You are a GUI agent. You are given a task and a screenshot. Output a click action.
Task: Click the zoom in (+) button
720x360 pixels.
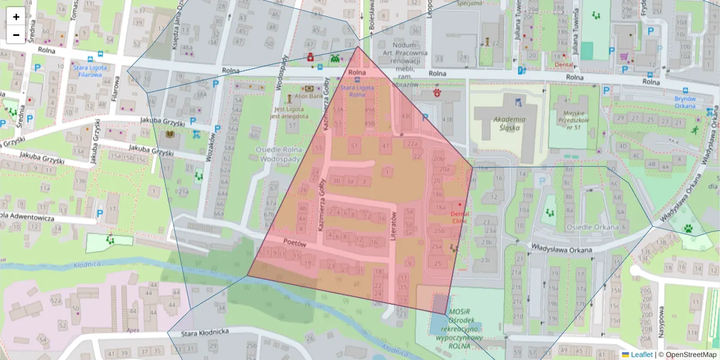pyautogui.click(x=16, y=17)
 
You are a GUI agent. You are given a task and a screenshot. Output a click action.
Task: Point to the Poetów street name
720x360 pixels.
pyautogui.click(x=295, y=244)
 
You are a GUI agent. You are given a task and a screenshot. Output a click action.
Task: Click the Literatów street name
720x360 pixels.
pyautogui.click(x=395, y=226)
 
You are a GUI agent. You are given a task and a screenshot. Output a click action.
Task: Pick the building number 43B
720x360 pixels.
pyautogui.click(x=447, y=119)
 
